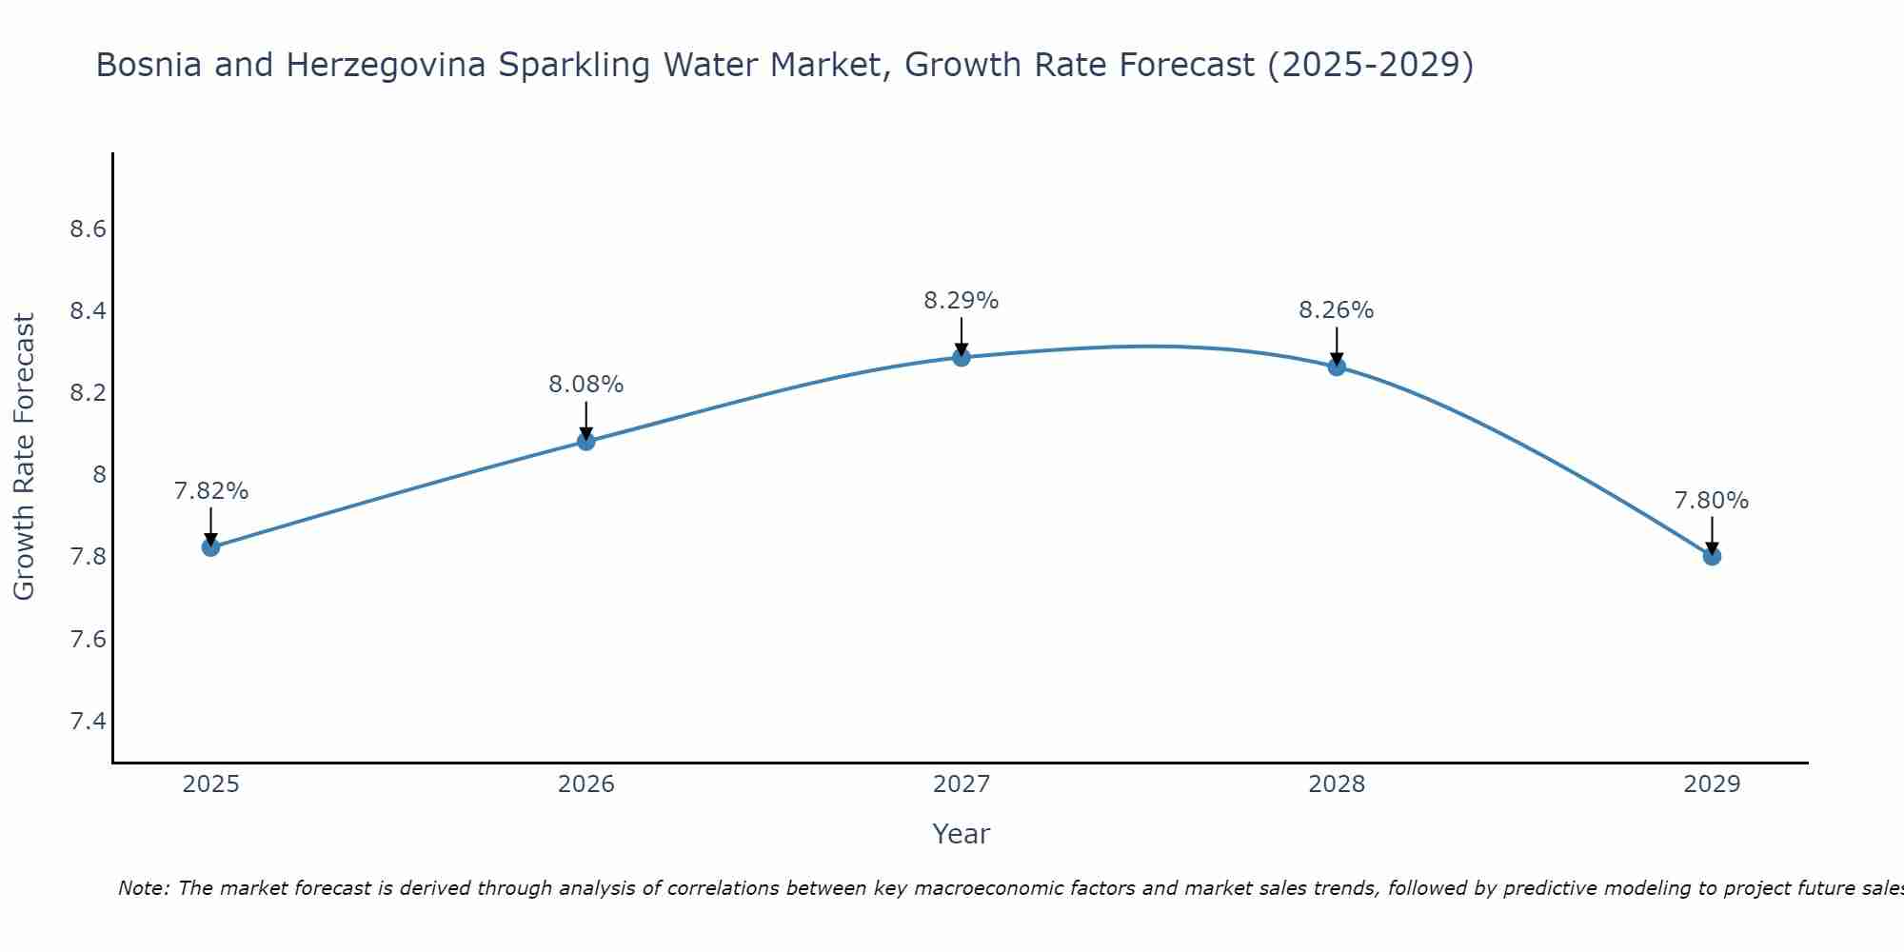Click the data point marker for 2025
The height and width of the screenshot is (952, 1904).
click(210, 547)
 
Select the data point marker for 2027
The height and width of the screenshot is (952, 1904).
click(962, 357)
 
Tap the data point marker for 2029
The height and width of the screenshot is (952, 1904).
click(1712, 556)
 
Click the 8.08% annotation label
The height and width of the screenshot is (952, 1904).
click(585, 385)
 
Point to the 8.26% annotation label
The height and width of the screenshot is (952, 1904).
click(1337, 310)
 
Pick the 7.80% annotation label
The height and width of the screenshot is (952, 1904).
click(1712, 501)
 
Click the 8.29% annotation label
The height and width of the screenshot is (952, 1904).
click(962, 301)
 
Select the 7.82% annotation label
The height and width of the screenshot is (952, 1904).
click(210, 491)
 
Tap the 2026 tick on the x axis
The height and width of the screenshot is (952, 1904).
click(585, 784)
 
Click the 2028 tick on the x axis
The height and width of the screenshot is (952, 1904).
click(1337, 784)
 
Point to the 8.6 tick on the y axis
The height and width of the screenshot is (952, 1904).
click(88, 229)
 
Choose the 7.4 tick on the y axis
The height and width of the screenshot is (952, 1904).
click(88, 721)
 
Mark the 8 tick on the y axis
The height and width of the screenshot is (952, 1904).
click(99, 475)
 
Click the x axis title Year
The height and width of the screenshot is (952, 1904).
click(962, 834)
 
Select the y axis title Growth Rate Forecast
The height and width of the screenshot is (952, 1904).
click(25, 457)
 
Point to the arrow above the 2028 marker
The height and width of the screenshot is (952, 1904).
click(1337, 345)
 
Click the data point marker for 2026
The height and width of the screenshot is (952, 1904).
click(585, 441)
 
